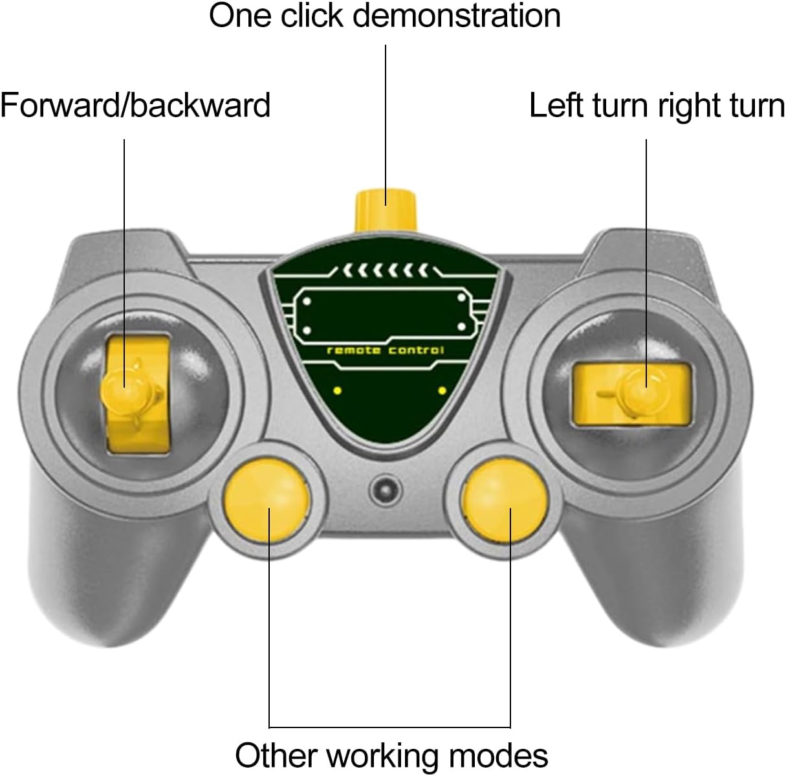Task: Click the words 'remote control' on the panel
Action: tap(386, 350)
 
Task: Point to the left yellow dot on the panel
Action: tap(336, 390)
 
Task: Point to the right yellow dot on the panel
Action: tap(442, 390)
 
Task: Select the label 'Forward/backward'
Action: tap(135, 105)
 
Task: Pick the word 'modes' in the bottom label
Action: tap(505, 755)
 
